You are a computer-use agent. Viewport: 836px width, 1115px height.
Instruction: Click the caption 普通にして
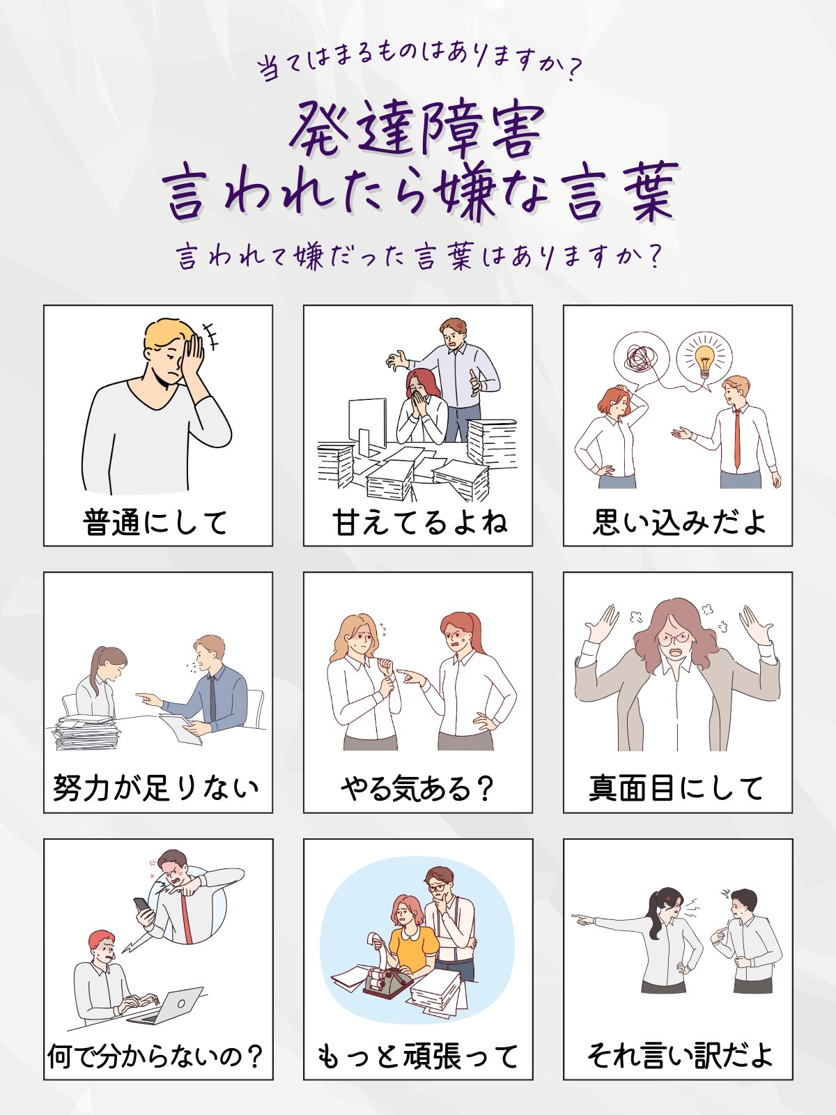155,522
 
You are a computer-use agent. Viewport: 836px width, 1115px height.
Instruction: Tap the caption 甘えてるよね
419,522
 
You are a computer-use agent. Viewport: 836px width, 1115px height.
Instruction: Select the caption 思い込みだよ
679,522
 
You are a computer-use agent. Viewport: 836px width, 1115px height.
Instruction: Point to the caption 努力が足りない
156,788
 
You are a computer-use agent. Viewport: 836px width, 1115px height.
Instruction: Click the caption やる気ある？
417,788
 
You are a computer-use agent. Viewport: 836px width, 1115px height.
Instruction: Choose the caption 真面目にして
676,788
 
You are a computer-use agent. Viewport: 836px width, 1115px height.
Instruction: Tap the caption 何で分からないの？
155,1055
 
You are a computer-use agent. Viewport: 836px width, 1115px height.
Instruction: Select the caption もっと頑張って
418,1055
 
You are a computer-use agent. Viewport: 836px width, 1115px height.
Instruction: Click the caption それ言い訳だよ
680,1055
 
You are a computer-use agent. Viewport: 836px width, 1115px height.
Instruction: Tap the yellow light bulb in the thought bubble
704,359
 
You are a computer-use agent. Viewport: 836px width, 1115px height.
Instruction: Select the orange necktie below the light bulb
737,439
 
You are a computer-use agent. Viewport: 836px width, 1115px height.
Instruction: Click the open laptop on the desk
167,1006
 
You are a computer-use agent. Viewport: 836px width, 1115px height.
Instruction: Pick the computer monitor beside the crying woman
367,426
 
